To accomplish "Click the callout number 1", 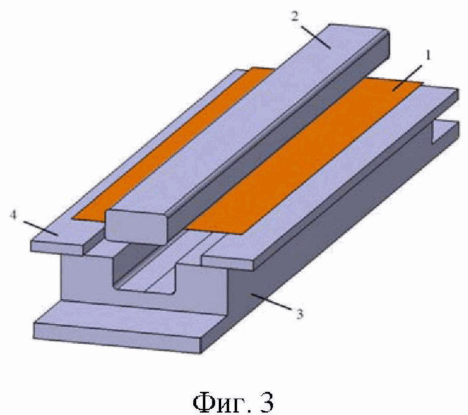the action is coord(428,55).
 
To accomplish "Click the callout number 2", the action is coord(295,16).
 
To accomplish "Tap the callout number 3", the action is coord(299,314).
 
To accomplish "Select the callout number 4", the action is coord(13,215).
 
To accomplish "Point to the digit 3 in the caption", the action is coord(266,402).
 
